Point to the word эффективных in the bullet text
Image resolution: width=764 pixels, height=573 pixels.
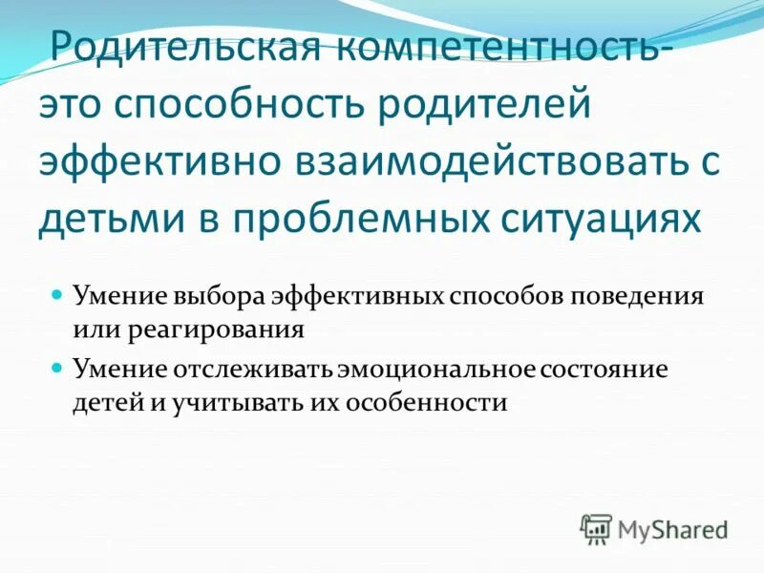tap(359, 295)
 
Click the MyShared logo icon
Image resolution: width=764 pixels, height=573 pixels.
tap(596, 528)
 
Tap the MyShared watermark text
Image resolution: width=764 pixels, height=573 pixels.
tap(672, 528)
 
